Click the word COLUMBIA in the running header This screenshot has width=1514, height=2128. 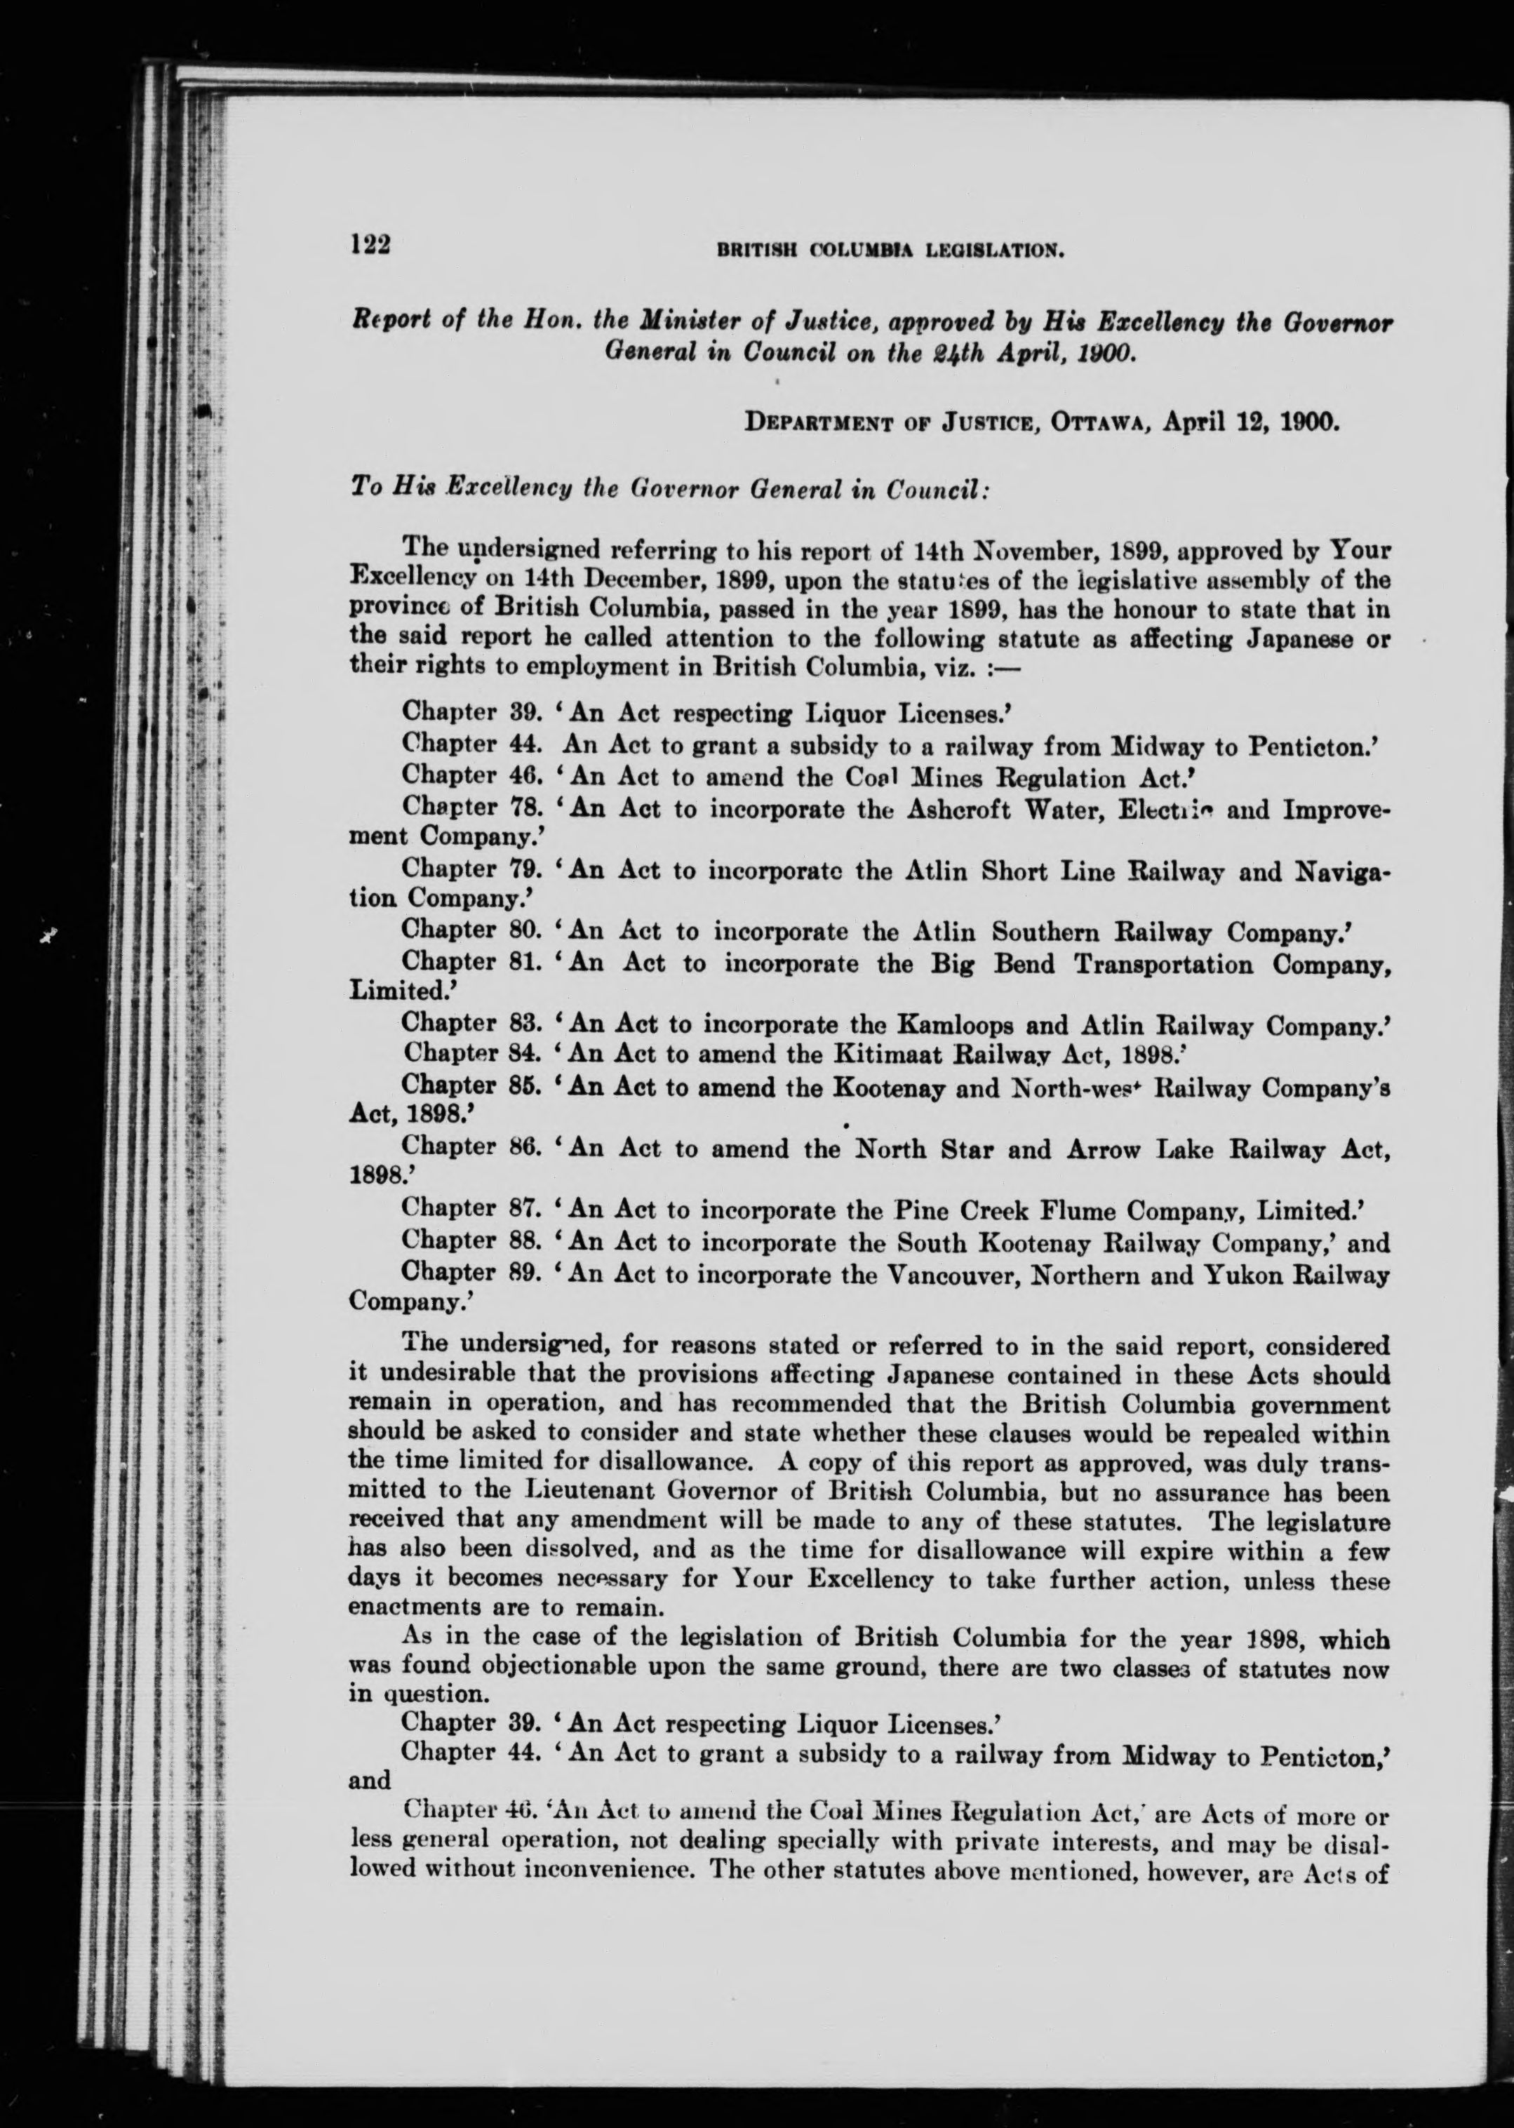click(x=860, y=250)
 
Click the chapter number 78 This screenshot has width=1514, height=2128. click(x=527, y=807)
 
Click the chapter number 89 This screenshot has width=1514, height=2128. click(x=527, y=1273)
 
